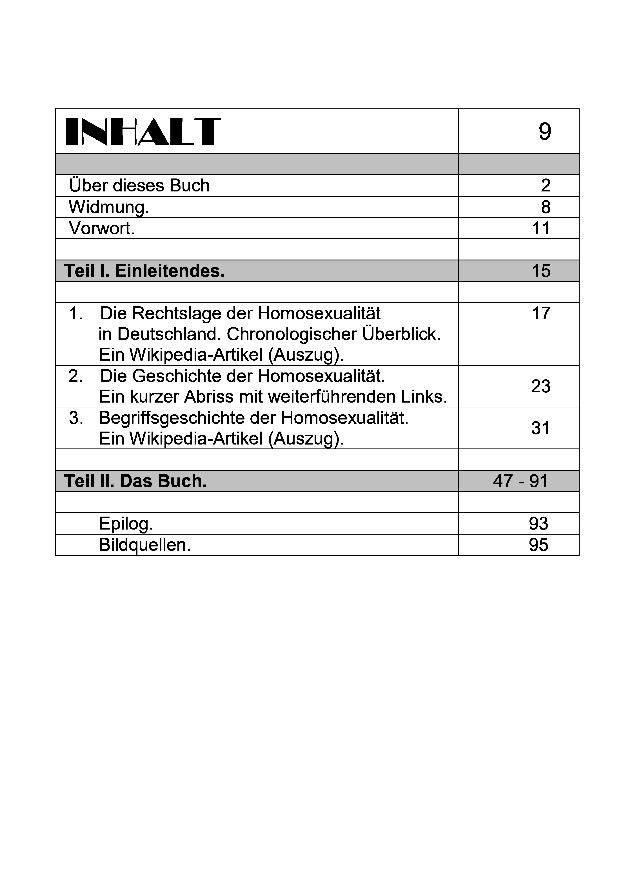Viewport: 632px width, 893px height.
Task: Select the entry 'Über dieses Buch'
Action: (x=139, y=186)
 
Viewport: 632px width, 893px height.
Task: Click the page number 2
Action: (x=546, y=186)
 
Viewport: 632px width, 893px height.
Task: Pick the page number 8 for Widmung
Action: (x=546, y=207)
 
